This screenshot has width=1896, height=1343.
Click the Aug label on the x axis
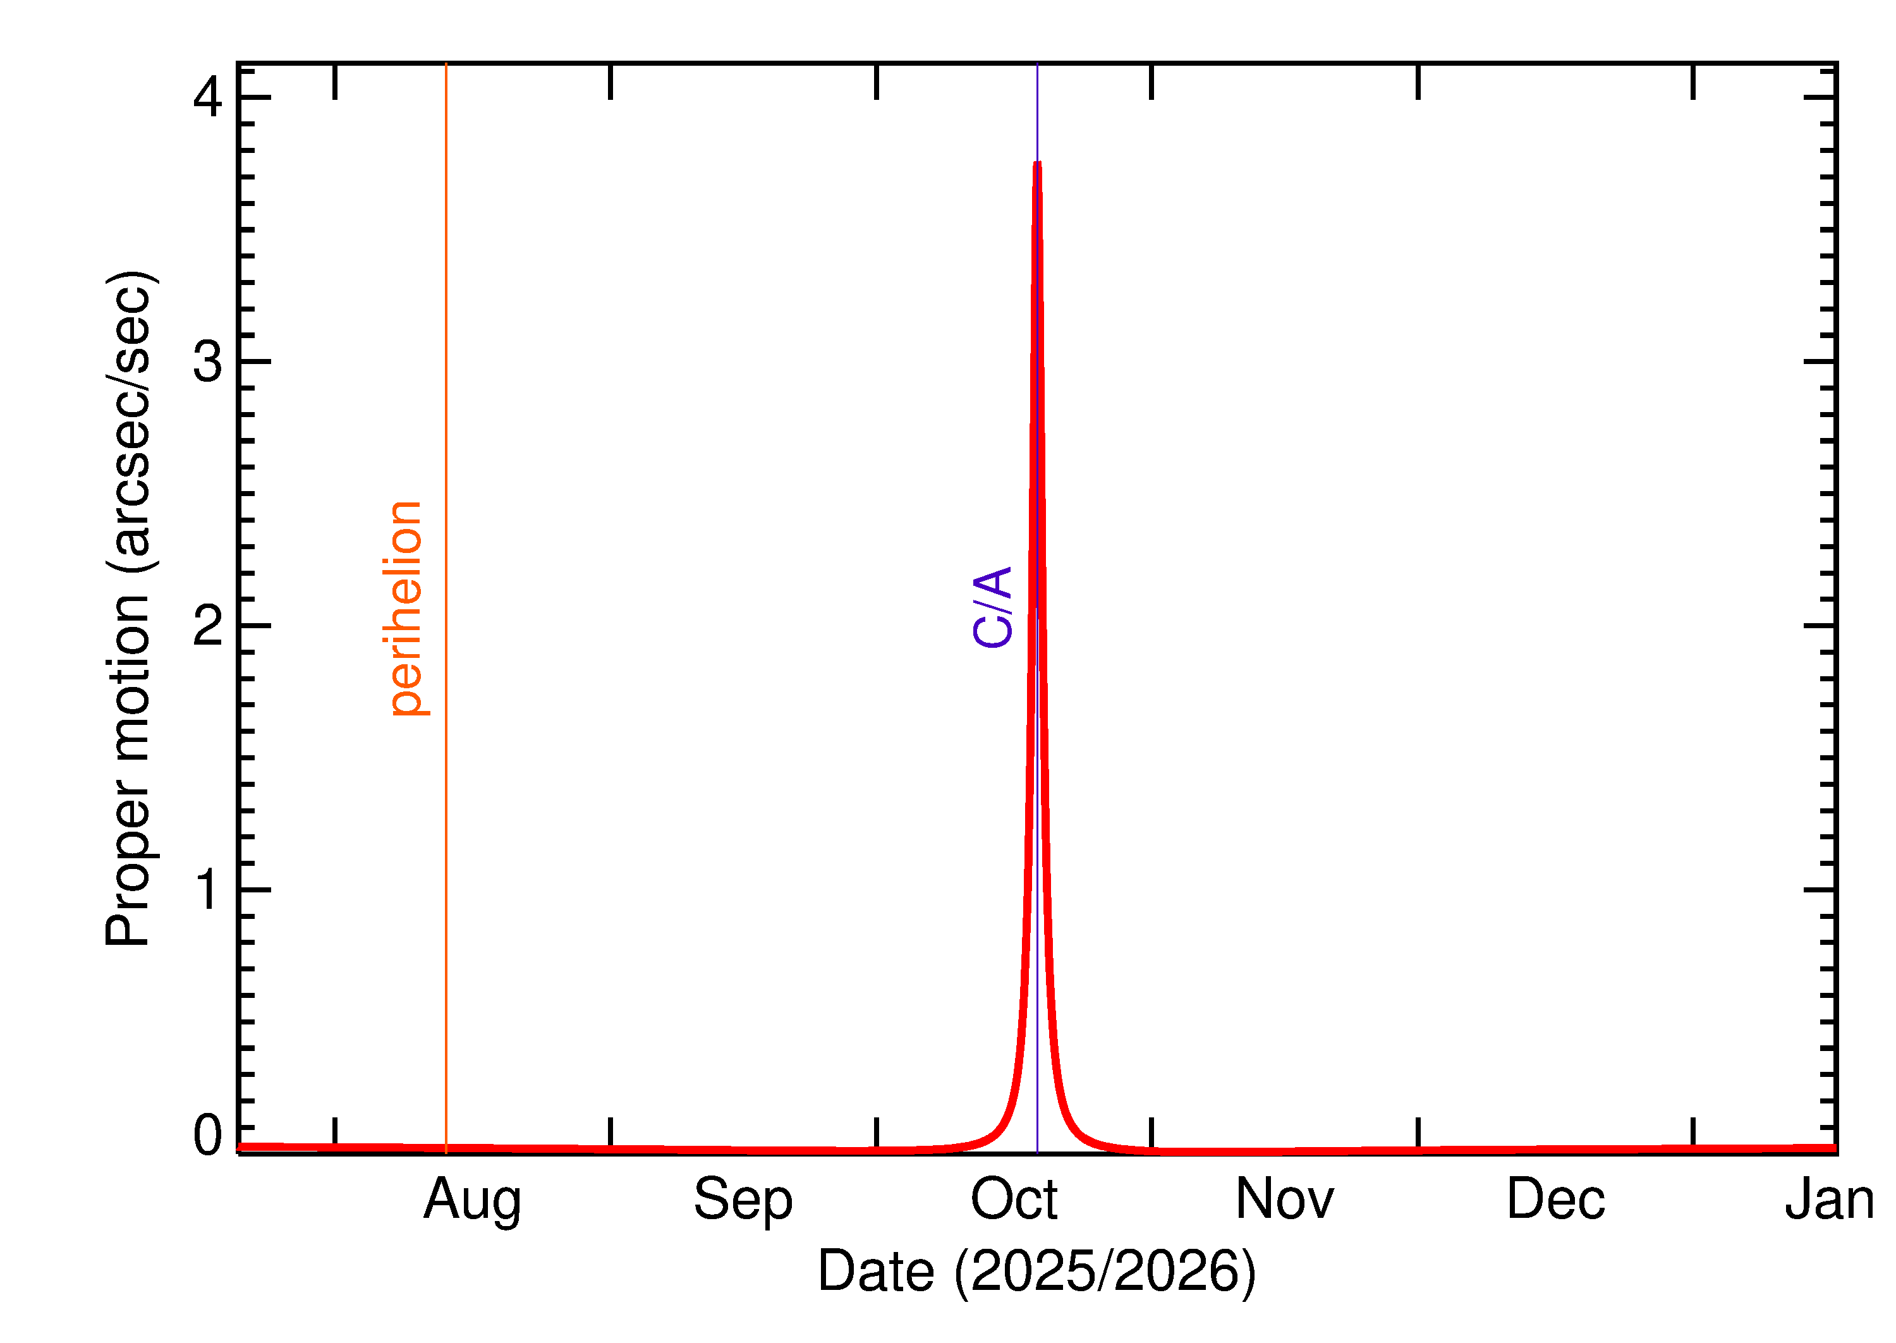pyautogui.click(x=472, y=1201)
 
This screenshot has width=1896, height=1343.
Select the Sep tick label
pyautogui.click(x=743, y=1201)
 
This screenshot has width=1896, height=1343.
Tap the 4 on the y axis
pyautogui.click(x=207, y=97)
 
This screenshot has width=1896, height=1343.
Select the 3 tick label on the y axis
pyautogui.click(x=207, y=362)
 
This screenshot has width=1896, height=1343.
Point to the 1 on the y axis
pyautogui.click(x=207, y=890)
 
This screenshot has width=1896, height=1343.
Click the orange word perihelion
pyautogui.click(x=404, y=608)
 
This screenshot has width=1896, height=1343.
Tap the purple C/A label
pyautogui.click(x=992, y=607)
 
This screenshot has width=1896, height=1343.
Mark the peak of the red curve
pyautogui.click(x=1037, y=164)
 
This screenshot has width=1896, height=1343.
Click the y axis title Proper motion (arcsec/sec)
pyautogui.click(x=129, y=608)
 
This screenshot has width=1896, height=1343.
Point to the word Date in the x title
pyautogui.click(x=876, y=1271)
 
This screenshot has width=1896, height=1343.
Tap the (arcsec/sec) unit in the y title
pyautogui.click(x=129, y=421)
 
